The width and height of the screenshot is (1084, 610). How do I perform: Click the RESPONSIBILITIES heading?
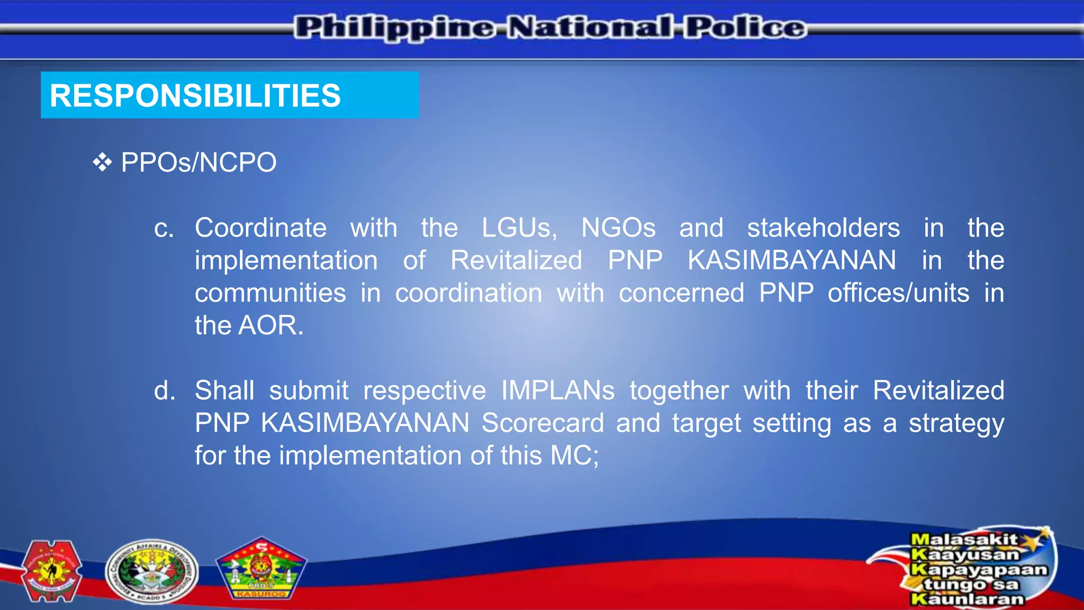coord(195,96)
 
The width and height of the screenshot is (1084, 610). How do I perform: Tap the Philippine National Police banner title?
coord(550,28)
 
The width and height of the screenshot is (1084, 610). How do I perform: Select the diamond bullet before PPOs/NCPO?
coord(102,163)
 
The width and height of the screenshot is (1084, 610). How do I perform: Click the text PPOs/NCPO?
coord(198,163)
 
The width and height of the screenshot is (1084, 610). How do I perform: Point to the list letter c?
coord(164,229)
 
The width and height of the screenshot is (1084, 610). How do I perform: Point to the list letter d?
coord(164,391)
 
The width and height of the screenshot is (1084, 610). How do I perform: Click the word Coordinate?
coord(260,228)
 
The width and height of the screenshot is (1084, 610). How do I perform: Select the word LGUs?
coord(519,228)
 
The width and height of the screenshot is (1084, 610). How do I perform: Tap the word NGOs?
coord(618,228)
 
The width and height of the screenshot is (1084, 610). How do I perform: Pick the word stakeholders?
coord(823,228)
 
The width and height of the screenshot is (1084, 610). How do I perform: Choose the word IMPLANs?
coord(557,391)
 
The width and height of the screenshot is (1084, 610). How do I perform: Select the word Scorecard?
coord(543,423)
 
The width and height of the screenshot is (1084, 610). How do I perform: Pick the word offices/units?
coord(898,293)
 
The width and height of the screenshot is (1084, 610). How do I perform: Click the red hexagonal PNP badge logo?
coord(51,571)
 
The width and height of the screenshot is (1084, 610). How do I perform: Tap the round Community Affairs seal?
coord(151,572)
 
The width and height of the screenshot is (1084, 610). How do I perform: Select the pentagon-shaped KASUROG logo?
coord(261,570)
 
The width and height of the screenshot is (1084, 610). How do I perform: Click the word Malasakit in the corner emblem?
coord(963,540)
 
